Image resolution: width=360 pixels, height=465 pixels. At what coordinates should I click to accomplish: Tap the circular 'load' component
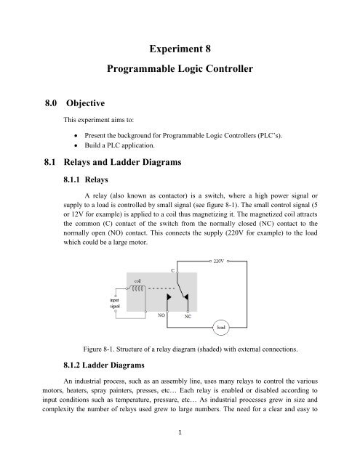[241, 347]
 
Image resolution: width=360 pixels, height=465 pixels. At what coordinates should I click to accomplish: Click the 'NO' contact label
[162, 336]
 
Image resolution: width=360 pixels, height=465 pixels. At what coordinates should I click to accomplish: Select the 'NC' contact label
[188, 338]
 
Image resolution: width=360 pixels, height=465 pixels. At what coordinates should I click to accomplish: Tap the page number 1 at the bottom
[179, 451]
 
